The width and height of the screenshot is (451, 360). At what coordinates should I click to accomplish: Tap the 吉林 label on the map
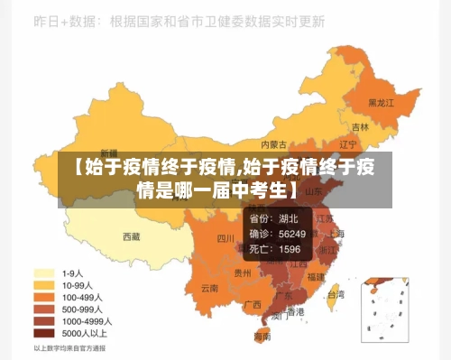pos(360,127)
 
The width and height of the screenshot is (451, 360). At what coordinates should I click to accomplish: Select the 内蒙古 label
pos(273,143)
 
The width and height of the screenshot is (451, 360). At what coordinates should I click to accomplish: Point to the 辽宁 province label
pos(348,144)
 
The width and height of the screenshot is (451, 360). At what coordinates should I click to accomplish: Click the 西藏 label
pos(132,237)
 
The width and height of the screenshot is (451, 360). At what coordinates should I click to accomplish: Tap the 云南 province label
pos(210,289)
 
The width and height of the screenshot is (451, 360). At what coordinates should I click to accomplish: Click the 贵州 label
pos(243,272)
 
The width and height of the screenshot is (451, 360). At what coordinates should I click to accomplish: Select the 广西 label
pos(253,304)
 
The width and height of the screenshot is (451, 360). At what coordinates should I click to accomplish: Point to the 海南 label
pos(262,336)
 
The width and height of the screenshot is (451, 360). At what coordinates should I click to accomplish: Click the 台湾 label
pos(335,294)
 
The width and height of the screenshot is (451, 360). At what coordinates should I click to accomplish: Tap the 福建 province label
pos(316,277)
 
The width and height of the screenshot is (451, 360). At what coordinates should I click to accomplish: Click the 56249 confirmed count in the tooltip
pos(290,234)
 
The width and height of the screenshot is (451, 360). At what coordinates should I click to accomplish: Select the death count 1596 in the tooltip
pos(290,249)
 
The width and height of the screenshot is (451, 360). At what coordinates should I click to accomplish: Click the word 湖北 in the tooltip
pos(289,218)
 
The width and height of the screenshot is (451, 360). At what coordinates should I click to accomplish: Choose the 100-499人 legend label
pos(81,296)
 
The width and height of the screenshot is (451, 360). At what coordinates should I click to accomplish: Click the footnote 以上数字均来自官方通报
pos(69,347)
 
